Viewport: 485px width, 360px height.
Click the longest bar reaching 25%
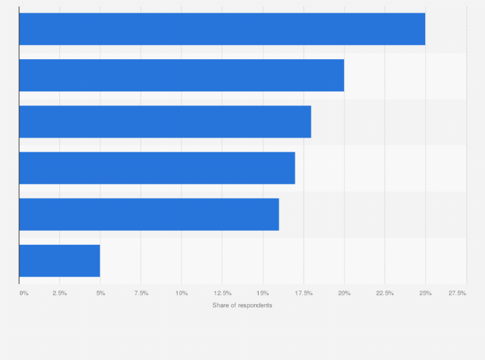(x=222, y=29)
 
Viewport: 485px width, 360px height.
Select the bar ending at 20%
(x=181, y=75)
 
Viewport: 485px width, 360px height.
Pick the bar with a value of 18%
(x=165, y=122)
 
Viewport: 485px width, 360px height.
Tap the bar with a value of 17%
(x=157, y=168)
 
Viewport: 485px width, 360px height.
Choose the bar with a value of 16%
(x=149, y=214)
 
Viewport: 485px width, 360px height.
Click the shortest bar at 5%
(x=59, y=260)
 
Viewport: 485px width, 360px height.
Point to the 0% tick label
(x=24, y=293)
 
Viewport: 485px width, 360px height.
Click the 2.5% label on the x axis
(x=60, y=293)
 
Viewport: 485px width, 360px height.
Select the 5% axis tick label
(x=101, y=293)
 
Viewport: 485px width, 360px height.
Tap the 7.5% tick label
(x=141, y=293)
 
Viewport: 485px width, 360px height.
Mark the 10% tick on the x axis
(x=181, y=293)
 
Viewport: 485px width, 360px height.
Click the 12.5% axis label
(x=222, y=293)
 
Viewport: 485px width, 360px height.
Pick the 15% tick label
(x=262, y=293)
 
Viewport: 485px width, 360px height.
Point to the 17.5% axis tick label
(x=304, y=293)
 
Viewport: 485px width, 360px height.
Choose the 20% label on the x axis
(x=344, y=293)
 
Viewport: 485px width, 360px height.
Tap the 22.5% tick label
(x=385, y=293)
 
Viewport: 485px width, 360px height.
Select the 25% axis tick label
(x=425, y=293)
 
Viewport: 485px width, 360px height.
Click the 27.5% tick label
(x=457, y=293)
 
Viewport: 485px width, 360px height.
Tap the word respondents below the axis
(x=254, y=305)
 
